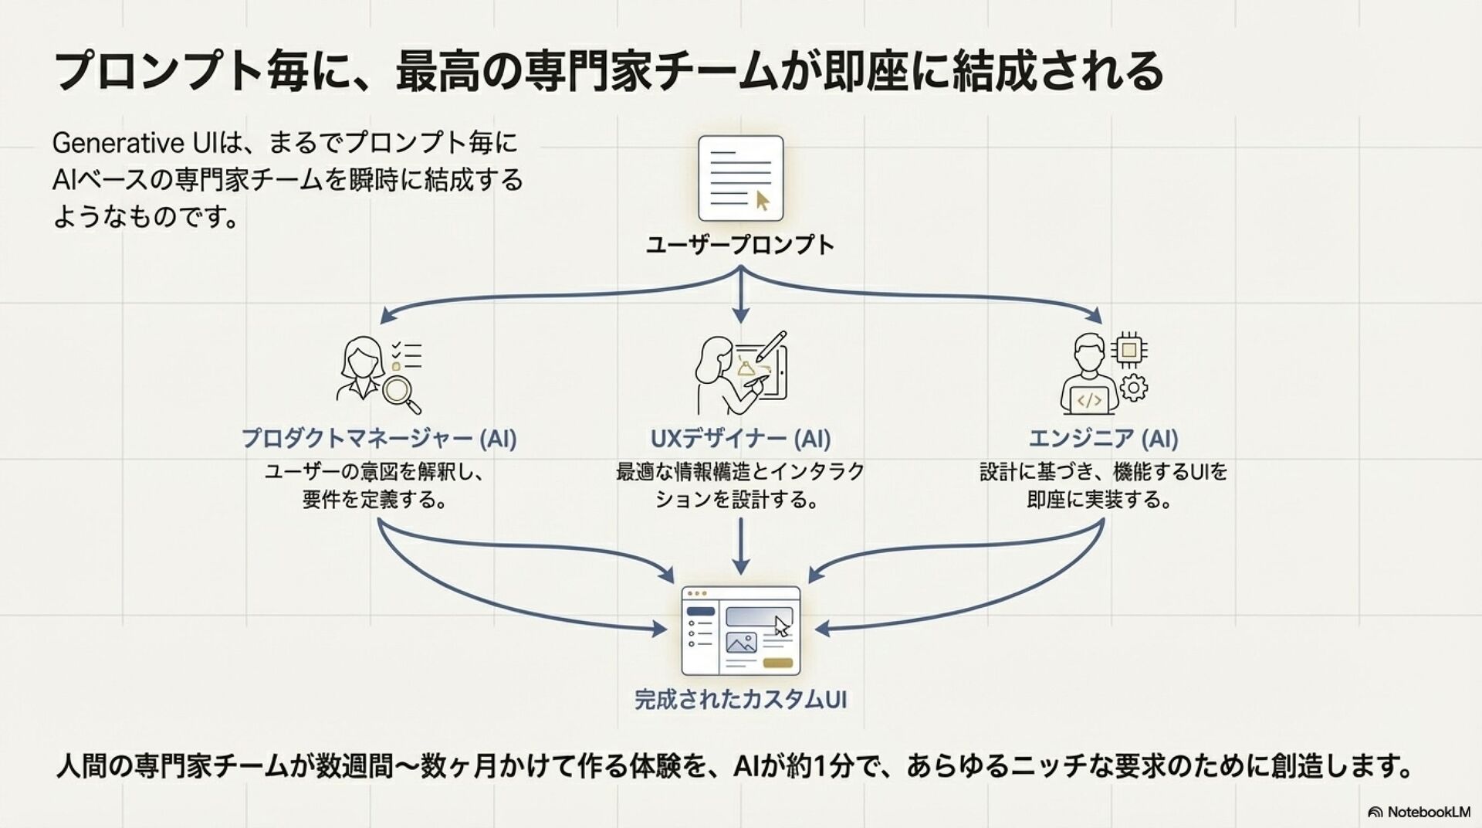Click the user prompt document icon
[x=740, y=178]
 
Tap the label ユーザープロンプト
[x=740, y=246]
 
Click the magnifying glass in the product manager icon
[x=400, y=393]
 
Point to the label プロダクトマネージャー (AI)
[x=379, y=439]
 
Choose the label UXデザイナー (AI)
[x=740, y=439]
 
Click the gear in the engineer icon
[x=1133, y=388]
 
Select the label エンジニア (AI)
[x=1103, y=439]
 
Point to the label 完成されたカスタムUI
[x=740, y=700]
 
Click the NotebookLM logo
[x=1419, y=812]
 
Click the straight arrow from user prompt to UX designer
[x=741, y=297]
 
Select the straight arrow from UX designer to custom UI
[x=741, y=545]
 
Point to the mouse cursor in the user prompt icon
[x=763, y=201]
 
